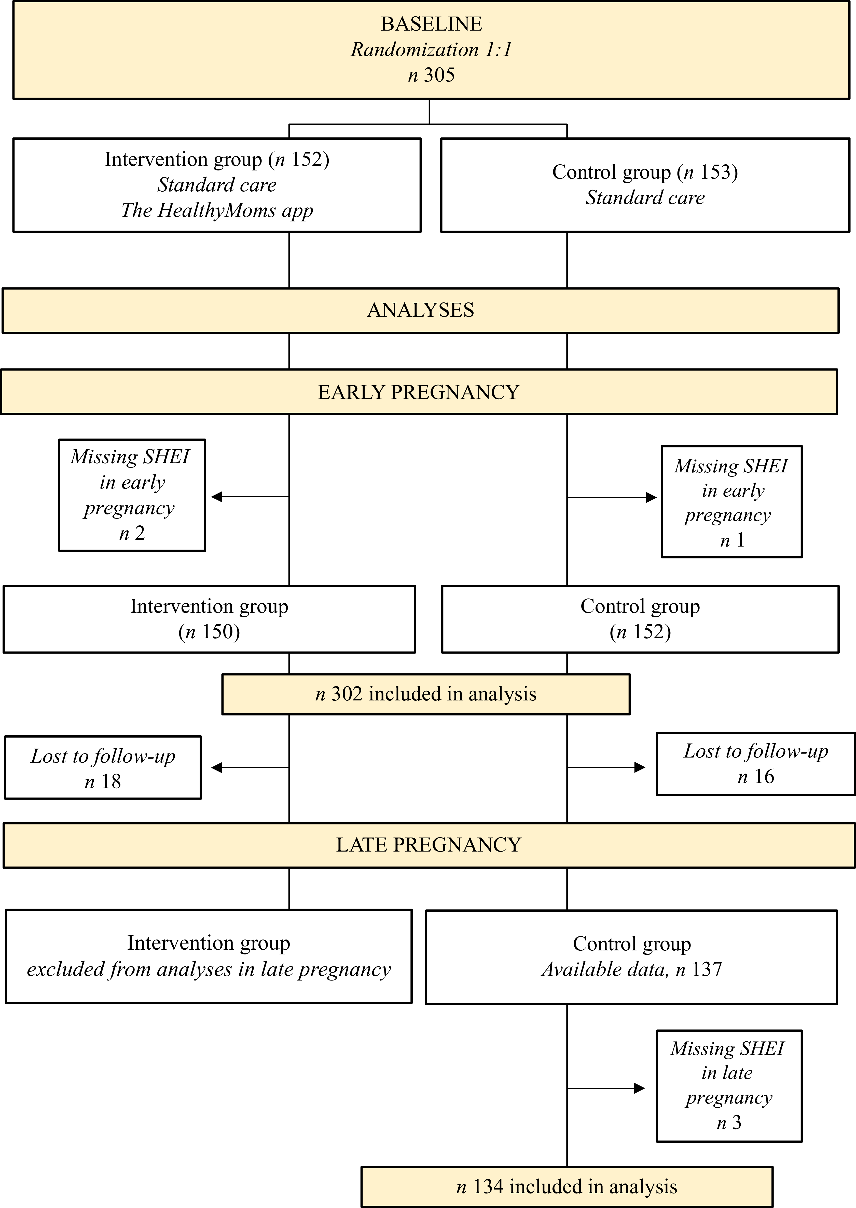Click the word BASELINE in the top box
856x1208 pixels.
click(431, 24)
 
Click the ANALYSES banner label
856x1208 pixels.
click(421, 310)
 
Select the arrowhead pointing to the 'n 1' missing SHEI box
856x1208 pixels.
click(652, 497)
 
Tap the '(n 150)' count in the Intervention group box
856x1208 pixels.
click(209, 631)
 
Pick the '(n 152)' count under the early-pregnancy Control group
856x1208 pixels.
click(640, 631)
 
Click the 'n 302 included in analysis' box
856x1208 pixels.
click(426, 694)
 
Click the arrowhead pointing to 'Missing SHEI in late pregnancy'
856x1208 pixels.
click(639, 1088)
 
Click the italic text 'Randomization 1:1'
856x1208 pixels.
click(431, 50)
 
